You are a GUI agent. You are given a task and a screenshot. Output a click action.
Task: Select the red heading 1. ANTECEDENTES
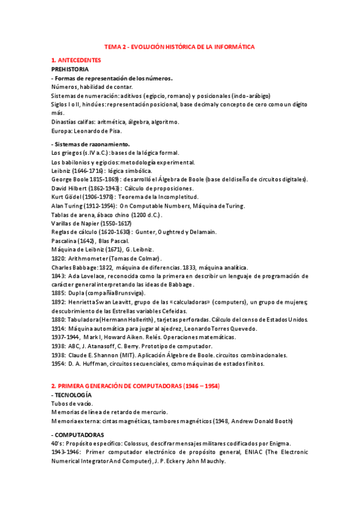[76, 61]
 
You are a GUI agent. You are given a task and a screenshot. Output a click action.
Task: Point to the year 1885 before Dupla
[59, 293]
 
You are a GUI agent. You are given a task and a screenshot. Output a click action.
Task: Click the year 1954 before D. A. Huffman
[59, 363]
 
